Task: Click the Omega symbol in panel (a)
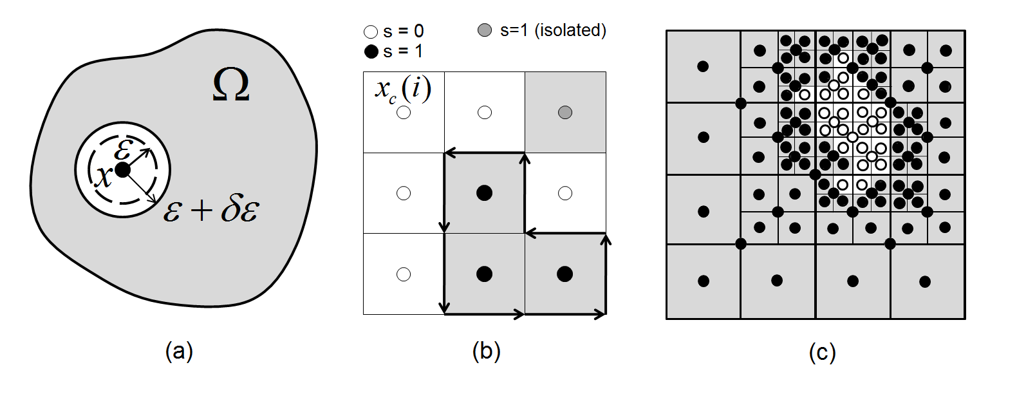pos(230,86)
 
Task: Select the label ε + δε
pos(211,210)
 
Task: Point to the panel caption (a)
pos(179,351)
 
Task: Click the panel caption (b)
pos(486,351)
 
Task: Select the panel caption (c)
pos(822,352)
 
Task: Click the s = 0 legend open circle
pos(371,32)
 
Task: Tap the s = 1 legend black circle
pos(371,52)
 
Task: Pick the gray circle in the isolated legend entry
pos(485,30)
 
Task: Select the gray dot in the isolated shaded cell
pos(565,113)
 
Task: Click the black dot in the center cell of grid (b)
pos(484,192)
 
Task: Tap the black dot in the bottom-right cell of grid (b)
pos(564,274)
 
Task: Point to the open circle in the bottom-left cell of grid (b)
pos(404,274)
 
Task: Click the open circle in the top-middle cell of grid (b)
pos(485,113)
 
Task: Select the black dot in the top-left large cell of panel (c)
pos(703,66)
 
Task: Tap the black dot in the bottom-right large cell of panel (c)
pos(925,281)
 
